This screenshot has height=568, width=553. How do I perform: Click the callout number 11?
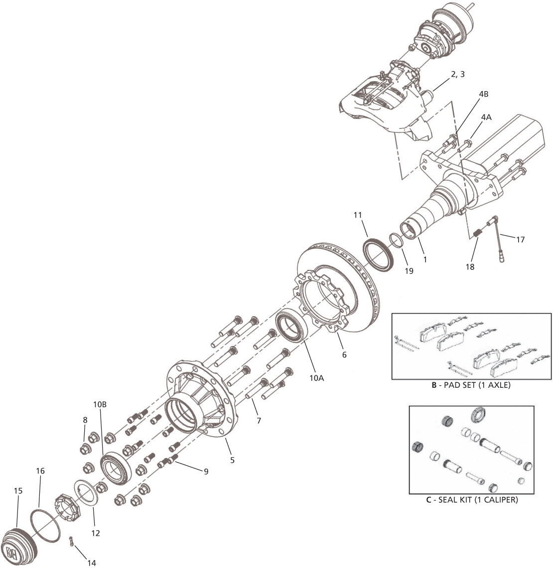[x=357, y=215]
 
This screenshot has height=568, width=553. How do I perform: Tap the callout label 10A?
[x=316, y=378]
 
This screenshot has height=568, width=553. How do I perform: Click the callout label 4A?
[x=486, y=117]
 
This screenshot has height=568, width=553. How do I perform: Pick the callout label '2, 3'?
[x=458, y=74]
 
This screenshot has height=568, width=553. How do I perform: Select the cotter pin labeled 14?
[x=72, y=542]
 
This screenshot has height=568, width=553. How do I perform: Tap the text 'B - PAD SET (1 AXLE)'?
[x=471, y=385]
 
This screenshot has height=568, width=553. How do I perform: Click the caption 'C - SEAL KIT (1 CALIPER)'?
[x=471, y=500]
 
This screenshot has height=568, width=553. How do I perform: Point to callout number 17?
[x=520, y=239]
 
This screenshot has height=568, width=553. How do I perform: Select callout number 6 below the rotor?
[x=344, y=355]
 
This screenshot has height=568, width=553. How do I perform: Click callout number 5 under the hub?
[x=232, y=460]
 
